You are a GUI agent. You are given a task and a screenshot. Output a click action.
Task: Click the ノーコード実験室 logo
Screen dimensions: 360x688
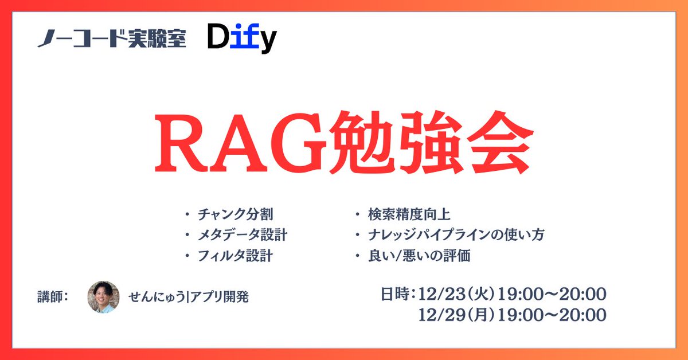click(x=112, y=39)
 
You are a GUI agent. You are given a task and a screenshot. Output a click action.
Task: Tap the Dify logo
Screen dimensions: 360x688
click(x=242, y=39)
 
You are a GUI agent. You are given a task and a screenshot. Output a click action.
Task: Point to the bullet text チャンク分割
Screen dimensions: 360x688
click(x=235, y=215)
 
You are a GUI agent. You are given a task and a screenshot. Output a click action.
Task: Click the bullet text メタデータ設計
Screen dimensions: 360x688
click(x=243, y=235)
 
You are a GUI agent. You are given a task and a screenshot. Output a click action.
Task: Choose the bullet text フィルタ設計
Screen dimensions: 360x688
click(x=235, y=256)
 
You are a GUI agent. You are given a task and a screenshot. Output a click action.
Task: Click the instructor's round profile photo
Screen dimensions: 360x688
click(x=103, y=296)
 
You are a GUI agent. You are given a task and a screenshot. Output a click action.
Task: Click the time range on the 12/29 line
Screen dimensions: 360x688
click(x=552, y=315)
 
